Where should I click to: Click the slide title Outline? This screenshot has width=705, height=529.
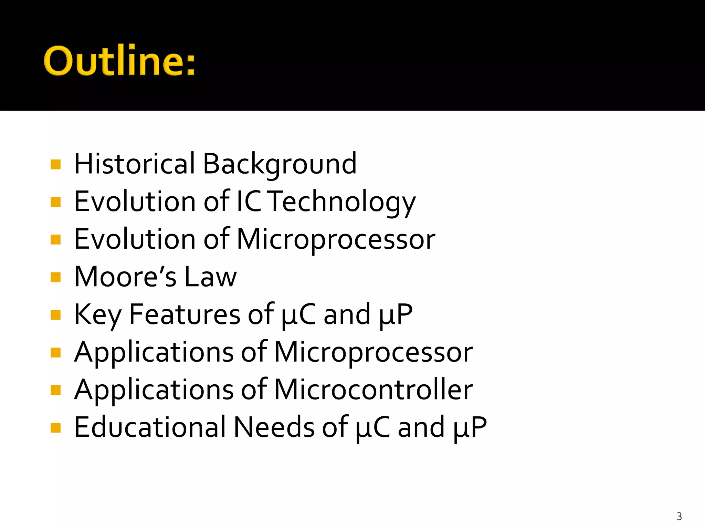coord(119,61)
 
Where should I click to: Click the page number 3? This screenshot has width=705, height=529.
coord(679,516)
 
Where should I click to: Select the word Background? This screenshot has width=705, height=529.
coord(280,164)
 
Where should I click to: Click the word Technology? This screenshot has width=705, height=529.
coord(341,202)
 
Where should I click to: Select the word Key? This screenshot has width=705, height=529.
coord(98,315)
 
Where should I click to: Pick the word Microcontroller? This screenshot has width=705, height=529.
coord(373,390)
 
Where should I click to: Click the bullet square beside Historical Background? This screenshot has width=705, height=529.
coord(55,164)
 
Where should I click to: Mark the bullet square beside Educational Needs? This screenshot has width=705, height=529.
coord(55,427)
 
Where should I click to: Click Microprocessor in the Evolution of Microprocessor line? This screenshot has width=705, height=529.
coord(336,240)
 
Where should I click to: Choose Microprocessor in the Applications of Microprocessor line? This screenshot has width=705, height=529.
coord(373,352)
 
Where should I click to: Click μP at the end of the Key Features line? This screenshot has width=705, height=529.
coord(396,315)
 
